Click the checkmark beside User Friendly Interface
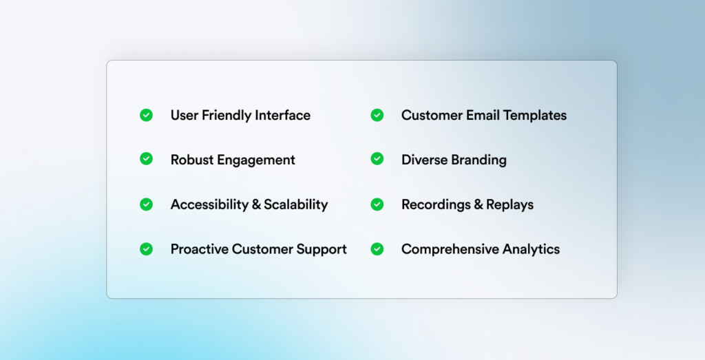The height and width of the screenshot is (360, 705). pos(146,115)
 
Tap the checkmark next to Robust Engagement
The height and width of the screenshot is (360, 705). pos(146,158)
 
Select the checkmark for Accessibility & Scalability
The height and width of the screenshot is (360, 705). pos(146,204)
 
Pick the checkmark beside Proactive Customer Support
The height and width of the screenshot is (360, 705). pos(146,249)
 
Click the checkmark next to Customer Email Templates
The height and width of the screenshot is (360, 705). pos(377,115)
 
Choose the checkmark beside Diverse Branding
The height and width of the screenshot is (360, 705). pos(377,158)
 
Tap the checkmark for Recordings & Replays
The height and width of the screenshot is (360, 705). pos(377,204)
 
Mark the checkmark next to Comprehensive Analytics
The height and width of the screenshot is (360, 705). pos(377,249)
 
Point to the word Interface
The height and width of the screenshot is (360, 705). pos(283,115)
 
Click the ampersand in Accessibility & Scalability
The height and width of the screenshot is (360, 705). pos(256,204)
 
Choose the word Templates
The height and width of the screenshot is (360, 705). pos(535,116)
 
